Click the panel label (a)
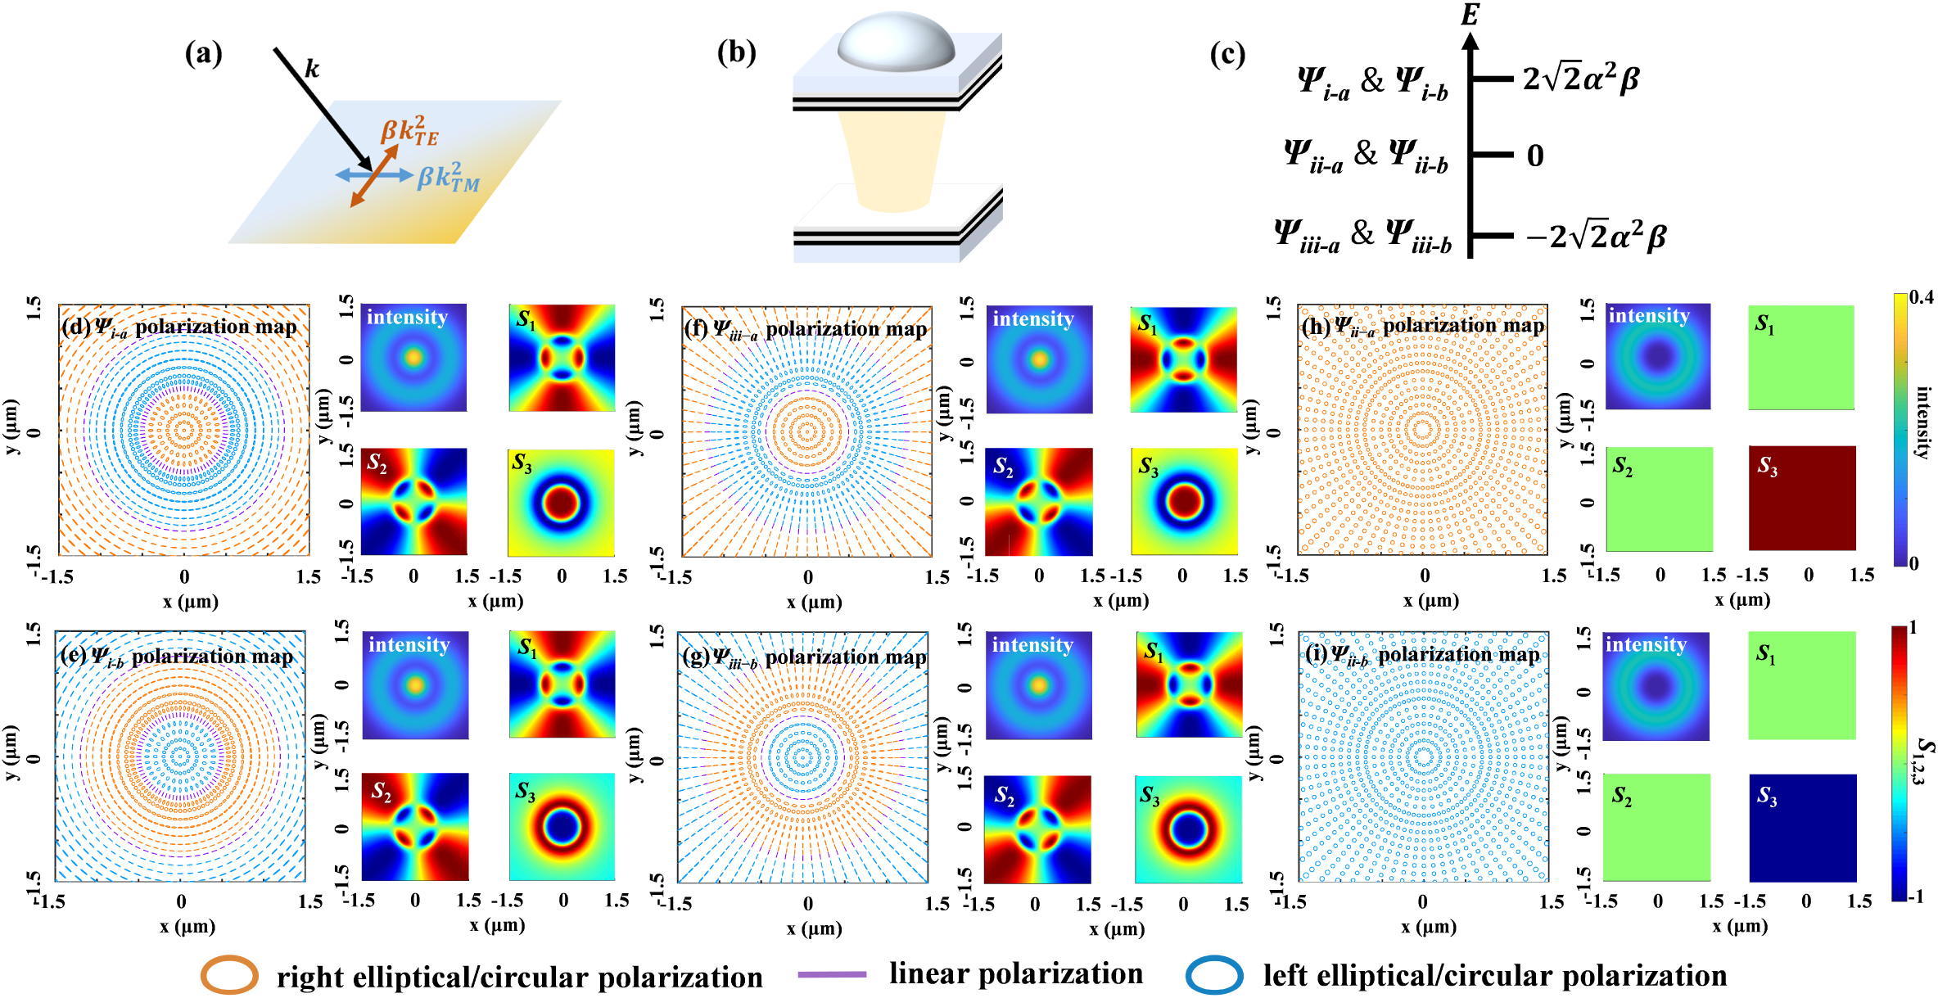204,53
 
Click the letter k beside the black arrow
312,68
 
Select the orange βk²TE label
410,130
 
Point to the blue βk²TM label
449,177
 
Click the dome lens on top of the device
896,40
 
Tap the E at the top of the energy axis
1470,14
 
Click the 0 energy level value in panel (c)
1535,156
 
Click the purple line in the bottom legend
832,974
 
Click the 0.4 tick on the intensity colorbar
1921,297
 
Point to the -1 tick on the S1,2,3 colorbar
1915,896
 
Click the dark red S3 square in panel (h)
1802,498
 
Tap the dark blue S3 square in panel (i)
1803,828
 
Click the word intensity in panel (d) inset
407,317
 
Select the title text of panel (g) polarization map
804,657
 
